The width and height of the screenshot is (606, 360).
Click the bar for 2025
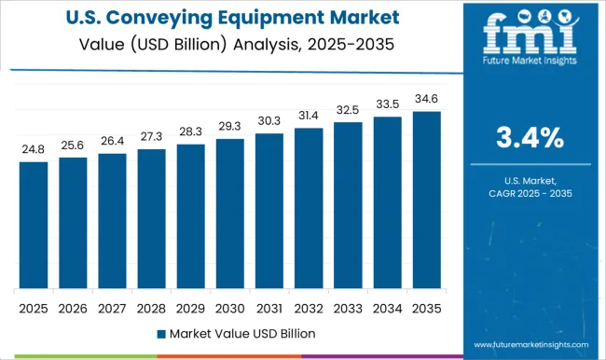pyautogui.click(x=34, y=225)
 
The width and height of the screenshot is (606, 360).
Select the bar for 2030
pyautogui.click(x=229, y=214)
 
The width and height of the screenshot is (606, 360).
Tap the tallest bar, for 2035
pyautogui.click(x=425, y=200)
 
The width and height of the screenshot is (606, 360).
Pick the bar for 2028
pyautogui.click(x=151, y=218)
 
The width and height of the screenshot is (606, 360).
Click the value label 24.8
pyautogui.click(x=34, y=147)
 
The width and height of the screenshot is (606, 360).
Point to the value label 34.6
pyautogui.click(x=425, y=97)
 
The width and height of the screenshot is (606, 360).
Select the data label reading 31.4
pyautogui.click(x=308, y=114)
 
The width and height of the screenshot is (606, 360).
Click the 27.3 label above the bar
pyautogui.click(x=151, y=134)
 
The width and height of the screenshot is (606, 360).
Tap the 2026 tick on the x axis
pyautogui.click(x=73, y=308)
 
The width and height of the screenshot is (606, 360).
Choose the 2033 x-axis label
pyautogui.click(x=347, y=308)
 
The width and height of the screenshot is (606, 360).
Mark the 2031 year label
pyautogui.click(x=269, y=308)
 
